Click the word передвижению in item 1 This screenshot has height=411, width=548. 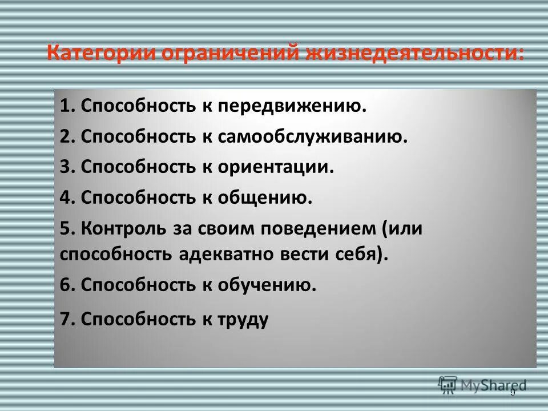(x=299, y=106)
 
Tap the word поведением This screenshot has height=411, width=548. (x=308, y=228)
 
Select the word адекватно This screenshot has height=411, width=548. (x=227, y=253)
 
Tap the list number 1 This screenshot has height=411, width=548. (x=66, y=106)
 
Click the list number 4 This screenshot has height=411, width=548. (x=66, y=198)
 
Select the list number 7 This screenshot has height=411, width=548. (x=66, y=319)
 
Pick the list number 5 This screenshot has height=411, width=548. (x=66, y=228)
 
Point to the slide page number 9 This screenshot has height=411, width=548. (x=513, y=392)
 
